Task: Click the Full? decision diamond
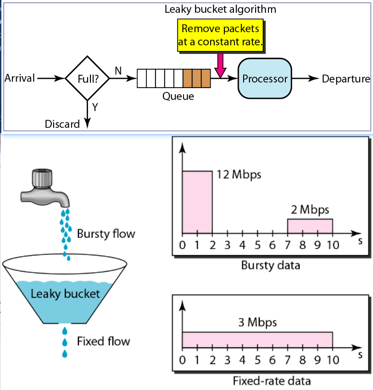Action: (87, 78)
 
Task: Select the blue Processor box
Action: (265, 78)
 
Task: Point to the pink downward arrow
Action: (221, 64)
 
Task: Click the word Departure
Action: (345, 78)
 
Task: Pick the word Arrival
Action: (20, 78)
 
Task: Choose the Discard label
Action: (62, 124)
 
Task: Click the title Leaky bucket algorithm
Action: (220, 9)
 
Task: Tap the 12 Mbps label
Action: (239, 175)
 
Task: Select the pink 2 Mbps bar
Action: (310, 226)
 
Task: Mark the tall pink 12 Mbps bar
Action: (197, 202)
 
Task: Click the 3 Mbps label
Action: (257, 322)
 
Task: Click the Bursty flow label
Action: (106, 234)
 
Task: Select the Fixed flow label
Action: (103, 341)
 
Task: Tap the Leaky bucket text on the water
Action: (65, 293)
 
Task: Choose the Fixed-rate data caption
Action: (272, 380)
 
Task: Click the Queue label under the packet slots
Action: (178, 96)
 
